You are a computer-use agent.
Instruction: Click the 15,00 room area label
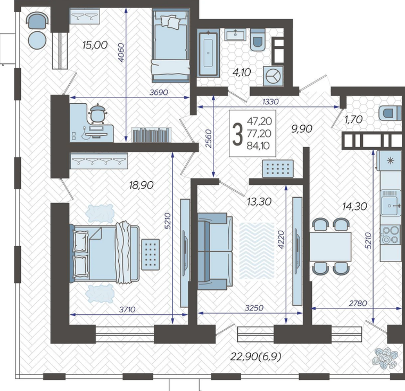(x=95, y=45)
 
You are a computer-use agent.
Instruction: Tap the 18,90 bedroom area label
(x=141, y=185)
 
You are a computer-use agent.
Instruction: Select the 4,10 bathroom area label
(x=242, y=72)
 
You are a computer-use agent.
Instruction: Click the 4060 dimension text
(x=121, y=52)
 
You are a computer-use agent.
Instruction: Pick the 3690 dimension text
(x=159, y=92)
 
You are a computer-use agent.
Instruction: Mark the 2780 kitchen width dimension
(x=358, y=303)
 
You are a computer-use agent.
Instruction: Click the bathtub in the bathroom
(x=208, y=53)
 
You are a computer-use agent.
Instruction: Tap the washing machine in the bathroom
(x=273, y=76)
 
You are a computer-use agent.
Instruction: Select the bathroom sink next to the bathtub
(x=235, y=35)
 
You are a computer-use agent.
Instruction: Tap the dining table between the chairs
(x=330, y=247)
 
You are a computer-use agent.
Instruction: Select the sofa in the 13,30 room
(x=215, y=251)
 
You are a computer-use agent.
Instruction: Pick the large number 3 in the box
(x=238, y=134)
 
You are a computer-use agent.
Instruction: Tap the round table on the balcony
(x=37, y=40)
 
